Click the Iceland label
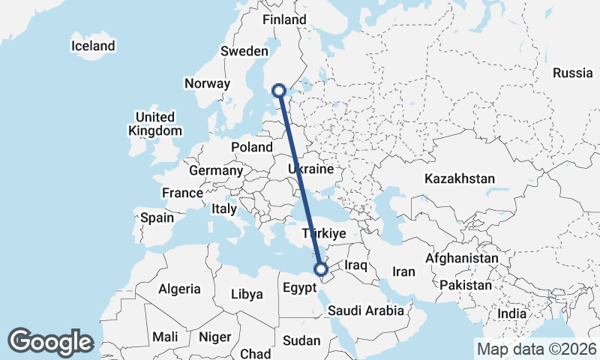coord(93,46)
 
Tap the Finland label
coord(284,19)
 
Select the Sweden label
coord(244,51)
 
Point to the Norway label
coord(207,83)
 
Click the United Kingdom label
coord(154,124)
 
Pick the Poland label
coord(251,147)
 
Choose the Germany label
coord(216,170)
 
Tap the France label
coord(182,193)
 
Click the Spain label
coord(157,218)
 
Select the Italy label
coord(224,208)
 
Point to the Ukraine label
coord(310,170)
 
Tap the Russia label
coord(573,73)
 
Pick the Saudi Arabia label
coord(366,310)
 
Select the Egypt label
coord(301,287)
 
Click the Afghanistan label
coord(461,258)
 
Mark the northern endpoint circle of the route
coord(279,91)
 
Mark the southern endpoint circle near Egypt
coord(321,269)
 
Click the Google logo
coord(50,341)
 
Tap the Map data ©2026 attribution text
coord(537,349)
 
